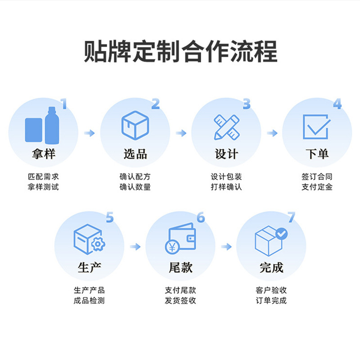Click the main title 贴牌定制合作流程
(180, 51)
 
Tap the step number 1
(63, 104)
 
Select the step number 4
(337, 104)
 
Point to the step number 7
(292, 218)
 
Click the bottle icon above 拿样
(42, 124)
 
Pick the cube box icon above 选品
(135, 125)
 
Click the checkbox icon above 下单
(316, 126)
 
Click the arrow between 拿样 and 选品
(90, 133)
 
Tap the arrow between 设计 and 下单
(272, 133)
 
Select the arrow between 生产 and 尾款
(135, 247)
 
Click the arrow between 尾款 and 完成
(226, 247)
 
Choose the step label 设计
(226, 154)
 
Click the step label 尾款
(180, 268)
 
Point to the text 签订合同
(317, 177)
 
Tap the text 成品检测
(89, 301)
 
